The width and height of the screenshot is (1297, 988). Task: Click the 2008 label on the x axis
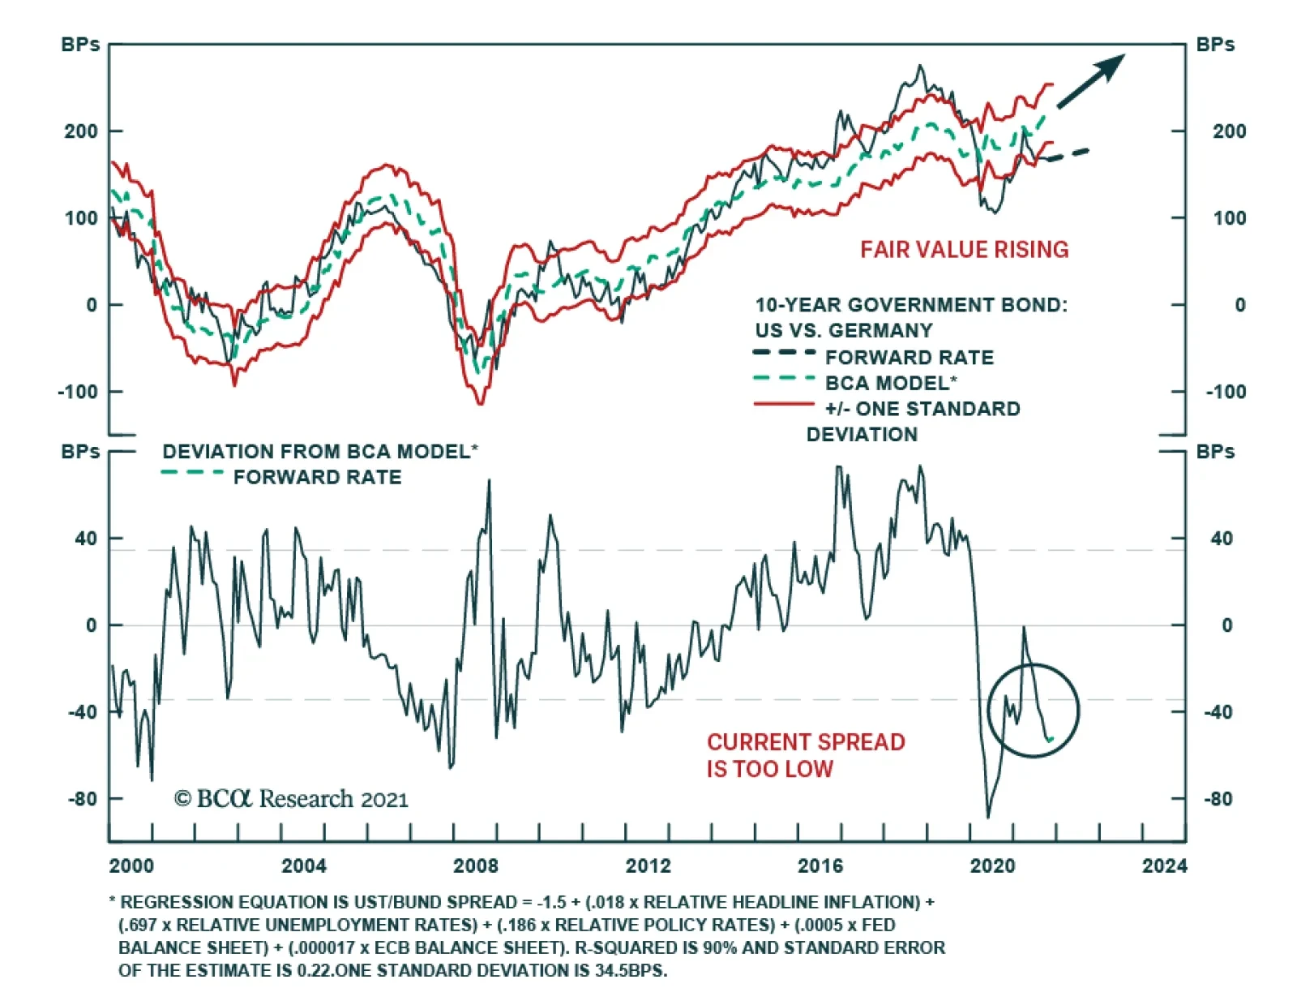point(476,866)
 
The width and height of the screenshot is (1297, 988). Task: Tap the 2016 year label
point(820,866)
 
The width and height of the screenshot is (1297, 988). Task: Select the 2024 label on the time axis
point(1165,866)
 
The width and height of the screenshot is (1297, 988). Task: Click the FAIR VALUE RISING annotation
point(964,250)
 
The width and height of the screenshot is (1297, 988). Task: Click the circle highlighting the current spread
point(1034,711)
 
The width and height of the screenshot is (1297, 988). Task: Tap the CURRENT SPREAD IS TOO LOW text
point(805,755)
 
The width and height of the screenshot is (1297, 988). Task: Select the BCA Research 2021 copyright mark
point(291,800)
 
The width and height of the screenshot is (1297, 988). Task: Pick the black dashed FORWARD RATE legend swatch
point(784,352)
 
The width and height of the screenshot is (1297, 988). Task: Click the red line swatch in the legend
point(784,404)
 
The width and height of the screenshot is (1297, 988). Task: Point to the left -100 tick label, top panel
point(78,392)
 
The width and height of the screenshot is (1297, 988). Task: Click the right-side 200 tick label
point(1229,131)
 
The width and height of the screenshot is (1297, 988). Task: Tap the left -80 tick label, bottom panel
point(83,799)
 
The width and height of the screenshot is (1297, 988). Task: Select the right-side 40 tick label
point(1221,539)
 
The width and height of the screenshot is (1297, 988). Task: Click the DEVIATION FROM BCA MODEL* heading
point(320,452)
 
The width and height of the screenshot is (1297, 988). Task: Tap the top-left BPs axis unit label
point(80,45)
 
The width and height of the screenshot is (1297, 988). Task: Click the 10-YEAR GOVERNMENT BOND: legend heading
point(911,305)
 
